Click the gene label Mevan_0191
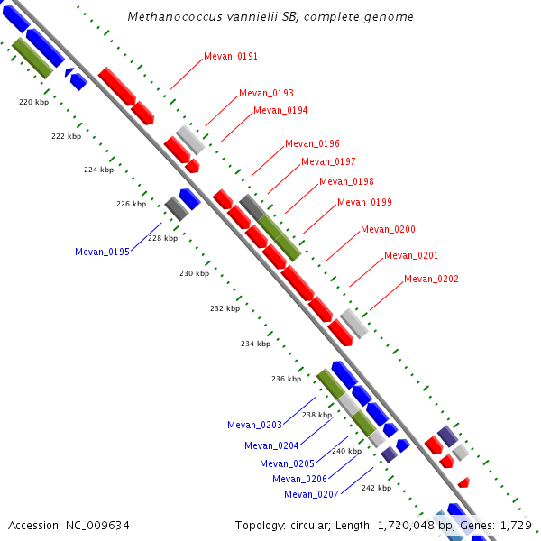point(231,56)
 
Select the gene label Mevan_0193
point(266,93)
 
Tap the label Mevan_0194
point(280,110)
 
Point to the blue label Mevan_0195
point(102,252)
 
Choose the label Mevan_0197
point(328,161)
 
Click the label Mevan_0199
point(364,202)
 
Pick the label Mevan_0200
point(388,229)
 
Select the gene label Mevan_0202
point(431,279)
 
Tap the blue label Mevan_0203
point(254,425)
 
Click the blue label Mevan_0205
point(287,463)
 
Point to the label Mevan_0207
point(311,494)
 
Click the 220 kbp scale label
point(33,102)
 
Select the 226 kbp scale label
point(131,204)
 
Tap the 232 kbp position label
point(225,308)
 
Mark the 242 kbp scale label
point(376,488)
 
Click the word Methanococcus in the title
point(168,16)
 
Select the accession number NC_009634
point(98,525)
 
